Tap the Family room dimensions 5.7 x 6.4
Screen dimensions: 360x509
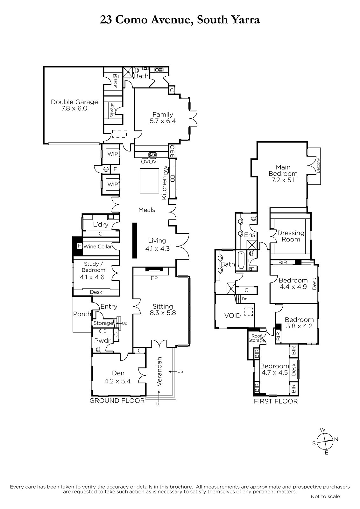(163, 121)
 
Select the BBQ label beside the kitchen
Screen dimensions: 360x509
(172, 151)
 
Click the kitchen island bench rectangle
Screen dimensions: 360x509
(149, 181)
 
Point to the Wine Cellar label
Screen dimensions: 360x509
(98, 247)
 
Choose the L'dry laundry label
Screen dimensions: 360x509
(101, 225)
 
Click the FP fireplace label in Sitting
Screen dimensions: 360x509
(154, 278)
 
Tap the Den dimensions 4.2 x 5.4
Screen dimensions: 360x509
(117, 381)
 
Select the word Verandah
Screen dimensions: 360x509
(159, 372)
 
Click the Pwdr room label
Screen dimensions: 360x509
(102, 341)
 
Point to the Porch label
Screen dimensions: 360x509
(82, 314)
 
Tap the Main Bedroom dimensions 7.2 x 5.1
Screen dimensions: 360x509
(283, 180)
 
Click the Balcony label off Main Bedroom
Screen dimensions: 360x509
(318, 165)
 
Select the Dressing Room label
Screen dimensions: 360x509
(291, 236)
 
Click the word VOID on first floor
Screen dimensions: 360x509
(232, 316)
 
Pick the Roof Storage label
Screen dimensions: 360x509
(257, 338)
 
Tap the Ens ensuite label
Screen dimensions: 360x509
(250, 235)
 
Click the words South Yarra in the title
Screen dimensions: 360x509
(228, 20)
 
